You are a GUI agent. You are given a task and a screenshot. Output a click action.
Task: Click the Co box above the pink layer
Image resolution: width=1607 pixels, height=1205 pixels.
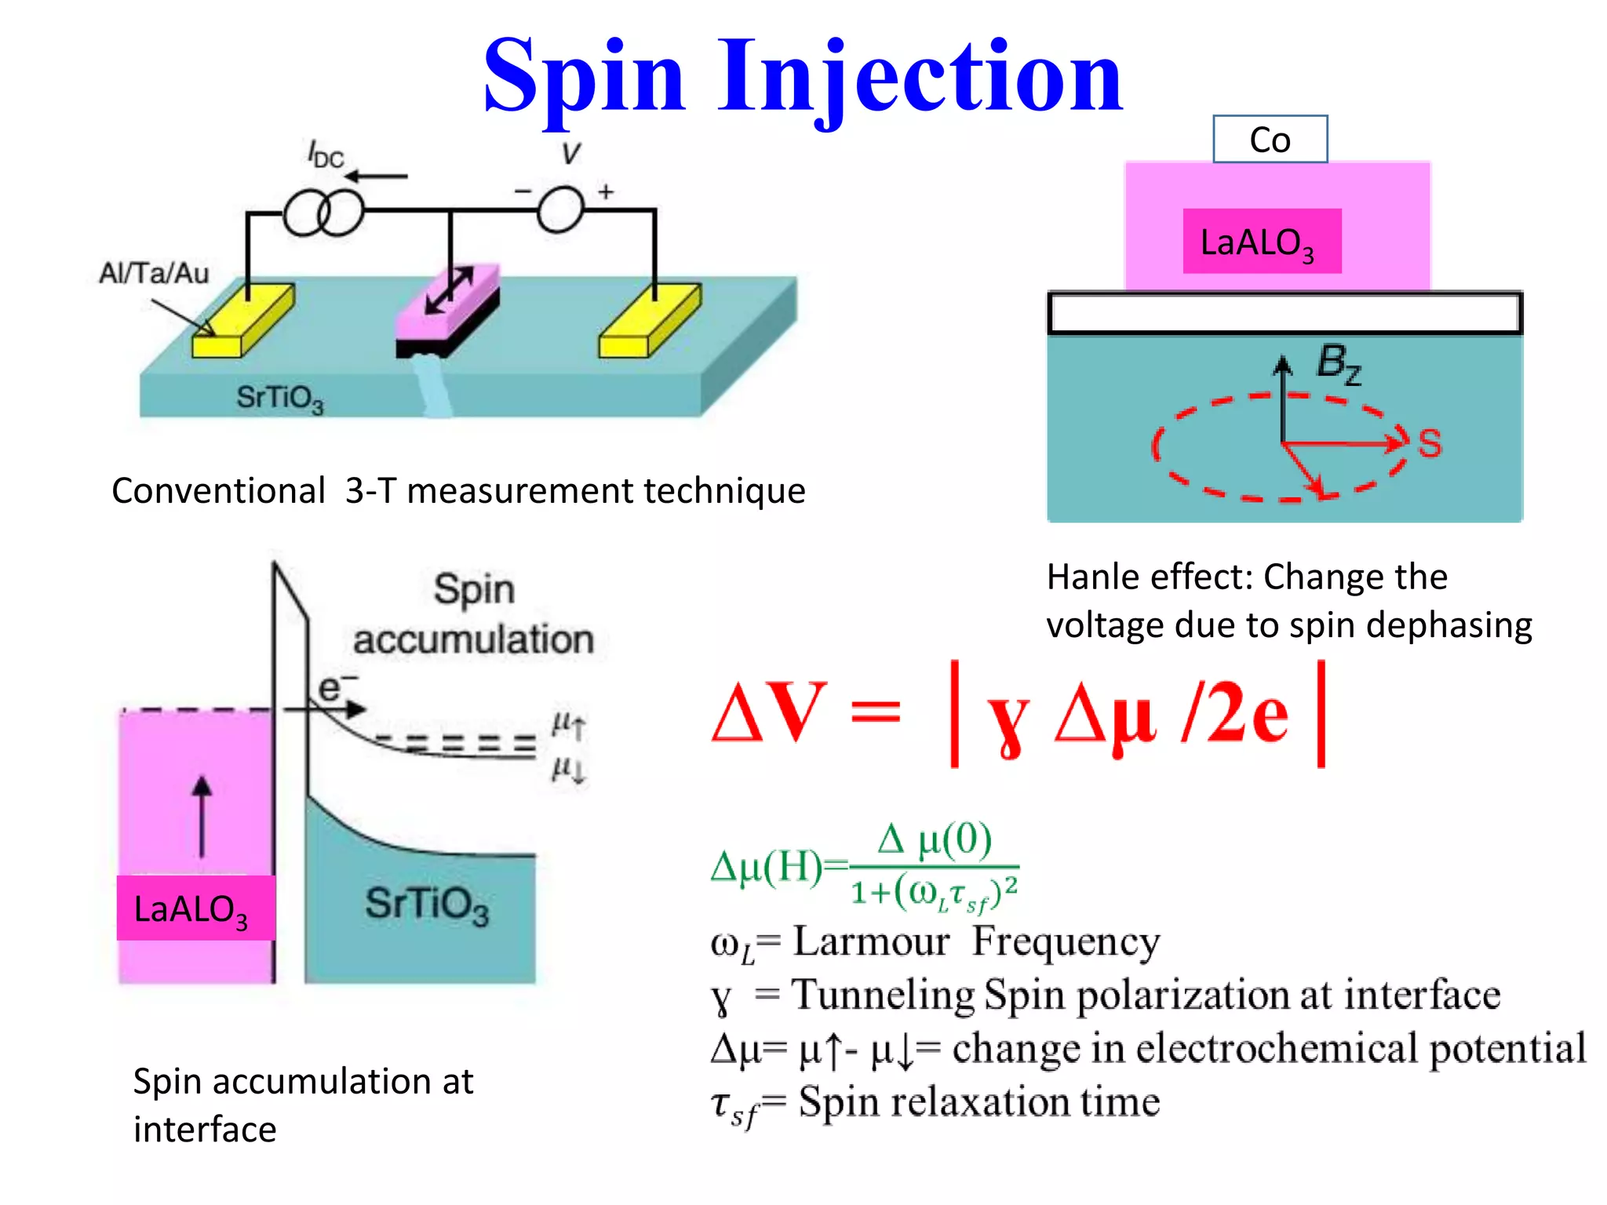tap(1270, 140)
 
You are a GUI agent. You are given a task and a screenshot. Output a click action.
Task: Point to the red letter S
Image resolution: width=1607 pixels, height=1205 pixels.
tap(1430, 444)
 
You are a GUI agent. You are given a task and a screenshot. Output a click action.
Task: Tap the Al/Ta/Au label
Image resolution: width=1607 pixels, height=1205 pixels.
tap(154, 273)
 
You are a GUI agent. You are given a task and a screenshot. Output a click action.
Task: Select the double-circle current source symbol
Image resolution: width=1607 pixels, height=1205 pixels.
tap(323, 212)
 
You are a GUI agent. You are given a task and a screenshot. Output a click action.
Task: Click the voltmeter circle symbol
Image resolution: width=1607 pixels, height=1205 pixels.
tap(560, 210)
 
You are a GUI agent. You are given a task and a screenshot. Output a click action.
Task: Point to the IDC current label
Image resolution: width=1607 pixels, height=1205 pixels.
tap(325, 155)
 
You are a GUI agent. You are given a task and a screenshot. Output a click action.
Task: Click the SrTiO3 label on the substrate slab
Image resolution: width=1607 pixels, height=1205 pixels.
tap(280, 398)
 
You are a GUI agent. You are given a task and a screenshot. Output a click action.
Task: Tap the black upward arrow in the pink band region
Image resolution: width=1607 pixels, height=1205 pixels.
tap(202, 816)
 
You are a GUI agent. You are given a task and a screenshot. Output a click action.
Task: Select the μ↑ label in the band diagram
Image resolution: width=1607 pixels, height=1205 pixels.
tap(568, 724)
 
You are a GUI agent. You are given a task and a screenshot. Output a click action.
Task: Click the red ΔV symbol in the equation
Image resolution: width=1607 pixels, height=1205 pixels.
tap(769, 712)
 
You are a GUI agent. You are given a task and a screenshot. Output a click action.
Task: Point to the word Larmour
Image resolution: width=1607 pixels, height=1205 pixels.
tap(871, 941)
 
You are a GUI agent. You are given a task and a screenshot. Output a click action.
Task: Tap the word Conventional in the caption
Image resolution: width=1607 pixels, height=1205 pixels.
tap(218, 491)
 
